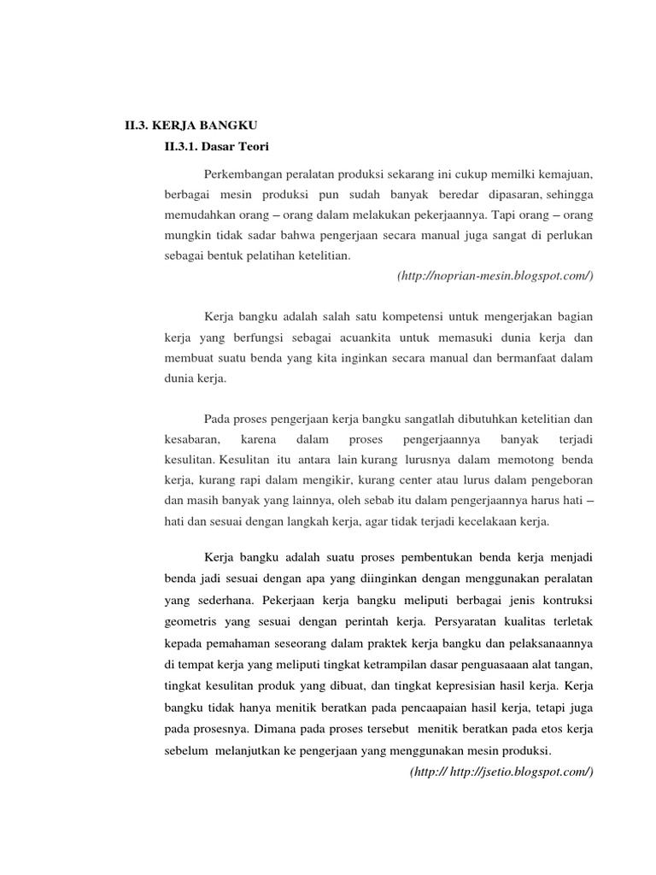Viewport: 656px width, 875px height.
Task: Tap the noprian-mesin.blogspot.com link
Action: (x=495, y=276)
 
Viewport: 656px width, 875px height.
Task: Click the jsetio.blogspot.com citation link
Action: (x=501, y=772)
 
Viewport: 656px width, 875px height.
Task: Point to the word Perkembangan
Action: (x=246, y=174)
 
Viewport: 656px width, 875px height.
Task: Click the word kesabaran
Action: (x=192, y=439)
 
